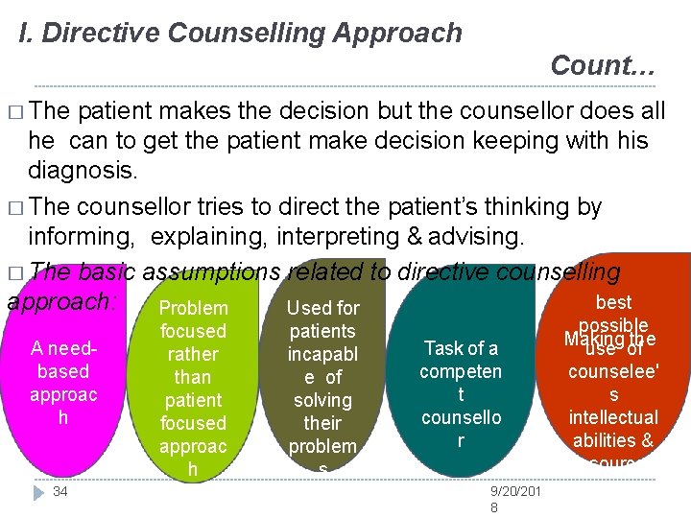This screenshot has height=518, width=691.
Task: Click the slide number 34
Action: [x=60, y=491]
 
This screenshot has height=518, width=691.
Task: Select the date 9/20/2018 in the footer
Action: [x=515, y=499]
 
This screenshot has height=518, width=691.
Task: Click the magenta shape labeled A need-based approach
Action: [x=61, y=384]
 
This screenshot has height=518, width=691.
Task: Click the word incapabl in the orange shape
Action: [x=322, y=354]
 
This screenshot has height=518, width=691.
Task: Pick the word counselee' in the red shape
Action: [x=613, y=371]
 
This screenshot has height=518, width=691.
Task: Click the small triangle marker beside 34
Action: [x=37, y=491]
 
